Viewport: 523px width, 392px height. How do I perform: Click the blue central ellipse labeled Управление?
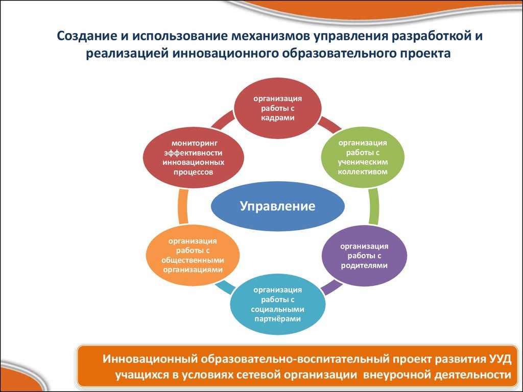tap(277, 206)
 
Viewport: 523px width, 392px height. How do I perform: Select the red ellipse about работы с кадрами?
tap(278, 108)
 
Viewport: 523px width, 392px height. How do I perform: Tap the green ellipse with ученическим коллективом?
tap(362, 157)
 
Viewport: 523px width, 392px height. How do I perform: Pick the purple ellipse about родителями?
tap(364, 255)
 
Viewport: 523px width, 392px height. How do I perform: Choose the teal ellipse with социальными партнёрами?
tap(277, 304)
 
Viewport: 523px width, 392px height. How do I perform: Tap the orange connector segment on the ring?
tap(183, 206)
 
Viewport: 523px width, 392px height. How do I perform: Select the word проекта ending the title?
tap(425, 54)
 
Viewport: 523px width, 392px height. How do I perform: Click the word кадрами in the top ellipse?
tap(278, 117)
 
